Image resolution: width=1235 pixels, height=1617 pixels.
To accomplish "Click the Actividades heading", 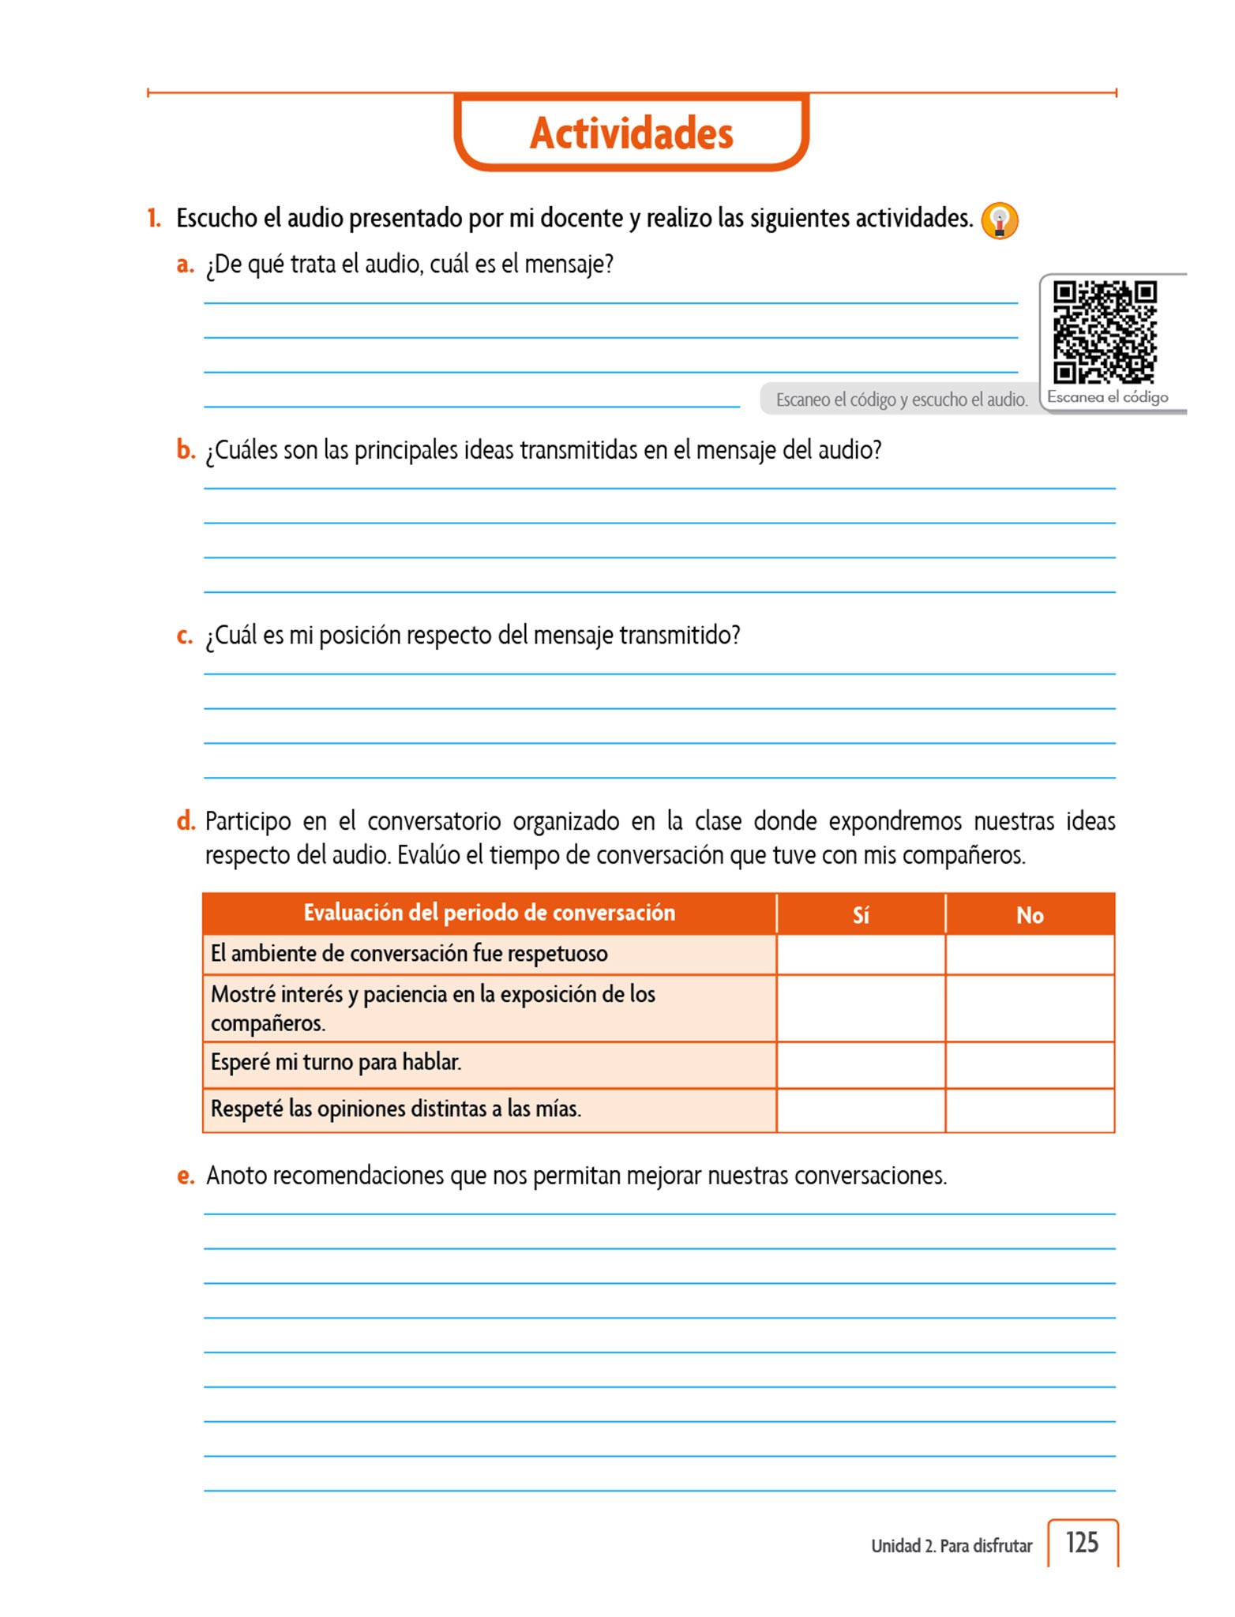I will click(x=631, y=133).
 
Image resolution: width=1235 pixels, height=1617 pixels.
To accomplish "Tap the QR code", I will click(x=1105, y=332).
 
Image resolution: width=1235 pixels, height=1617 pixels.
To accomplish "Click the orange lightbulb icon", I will click(x=999, y=220).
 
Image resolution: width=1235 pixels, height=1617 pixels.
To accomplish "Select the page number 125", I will click(x=1082, y=1543).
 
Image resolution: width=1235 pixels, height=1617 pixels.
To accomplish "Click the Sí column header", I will click(x=861, y=915).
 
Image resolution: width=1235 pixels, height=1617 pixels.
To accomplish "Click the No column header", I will click(x=1030, y=915).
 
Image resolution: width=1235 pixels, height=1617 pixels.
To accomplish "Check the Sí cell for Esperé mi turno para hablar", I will click(x=861, y=1064).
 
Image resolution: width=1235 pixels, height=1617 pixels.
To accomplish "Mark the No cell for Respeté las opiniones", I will click(x=1030, y=1110).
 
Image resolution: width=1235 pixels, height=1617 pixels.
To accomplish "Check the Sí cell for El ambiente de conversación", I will click(x=861, y=955).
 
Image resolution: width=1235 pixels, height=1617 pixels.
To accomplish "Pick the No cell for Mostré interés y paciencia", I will click(x=1030, y=1008).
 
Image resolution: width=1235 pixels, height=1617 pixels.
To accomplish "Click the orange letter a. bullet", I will click(x=185, y=264).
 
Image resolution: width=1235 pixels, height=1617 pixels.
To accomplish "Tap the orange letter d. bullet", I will click(x=186, y=821).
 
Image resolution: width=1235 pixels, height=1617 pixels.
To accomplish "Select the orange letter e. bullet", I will click(x=186, y=1176).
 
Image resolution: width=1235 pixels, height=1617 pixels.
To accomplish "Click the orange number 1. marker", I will click(x=154, y=218).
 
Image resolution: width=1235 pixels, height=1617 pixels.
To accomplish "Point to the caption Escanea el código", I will click(x=1107, y=397).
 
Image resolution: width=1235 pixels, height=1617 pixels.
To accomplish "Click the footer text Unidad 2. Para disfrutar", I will click(x=951, y=1546).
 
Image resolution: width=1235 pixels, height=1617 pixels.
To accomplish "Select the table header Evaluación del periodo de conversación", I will click(x=489, y=913).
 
